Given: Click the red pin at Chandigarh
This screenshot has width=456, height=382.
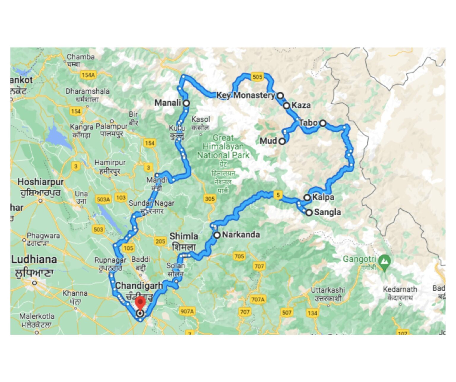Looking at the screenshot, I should click(x=140, y=303).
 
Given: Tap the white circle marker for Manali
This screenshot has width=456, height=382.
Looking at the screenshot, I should click(x=186, y=103).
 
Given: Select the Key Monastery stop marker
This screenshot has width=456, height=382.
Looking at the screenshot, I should click(x=280, y=95).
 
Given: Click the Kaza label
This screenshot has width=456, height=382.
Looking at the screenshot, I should click(x=301, y=105).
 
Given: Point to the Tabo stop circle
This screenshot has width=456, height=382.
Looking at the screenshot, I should click(x=323, y=123).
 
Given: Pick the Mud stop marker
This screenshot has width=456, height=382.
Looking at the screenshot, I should click(x=282, y=141).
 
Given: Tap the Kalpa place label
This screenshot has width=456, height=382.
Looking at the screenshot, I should click(x=323, y=197).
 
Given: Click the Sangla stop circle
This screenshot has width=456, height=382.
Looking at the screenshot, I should click(x=309, y=212).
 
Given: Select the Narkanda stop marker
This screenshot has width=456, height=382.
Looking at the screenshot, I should click(x=217, y=235).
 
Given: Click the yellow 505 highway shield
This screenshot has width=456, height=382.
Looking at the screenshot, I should click(x=257, y=77).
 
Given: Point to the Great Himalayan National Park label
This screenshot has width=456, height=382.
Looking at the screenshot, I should click(x=223, y=146).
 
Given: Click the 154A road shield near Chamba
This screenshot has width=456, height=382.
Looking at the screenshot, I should click(x=88, y=75).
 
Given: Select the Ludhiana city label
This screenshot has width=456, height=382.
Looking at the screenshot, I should click(x=34, y=260).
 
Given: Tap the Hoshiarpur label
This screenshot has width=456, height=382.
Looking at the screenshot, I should click(x=40, y=182).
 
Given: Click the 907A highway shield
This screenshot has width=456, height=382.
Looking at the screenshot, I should click(x=187, y=311).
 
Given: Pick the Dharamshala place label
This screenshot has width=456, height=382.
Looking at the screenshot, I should click(x=87, y=91).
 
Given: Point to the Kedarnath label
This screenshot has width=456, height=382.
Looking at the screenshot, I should click(x=400, y=289).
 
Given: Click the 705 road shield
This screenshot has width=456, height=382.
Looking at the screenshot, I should click(x=239, y=256).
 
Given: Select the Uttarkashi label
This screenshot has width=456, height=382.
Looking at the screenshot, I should click(x=328, y=290).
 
